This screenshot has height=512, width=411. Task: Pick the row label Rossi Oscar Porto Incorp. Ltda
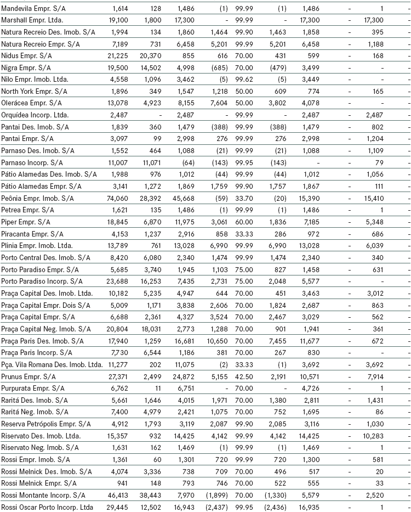[x=47, y=507]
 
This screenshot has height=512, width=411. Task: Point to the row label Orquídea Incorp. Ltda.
[x=35, y=115]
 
